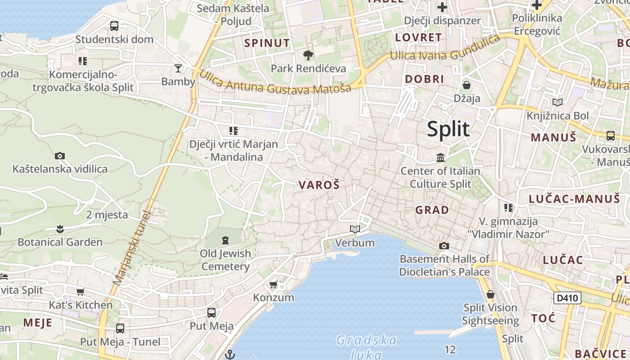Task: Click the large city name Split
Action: click(448, 129)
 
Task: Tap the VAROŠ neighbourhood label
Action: click(319, 184)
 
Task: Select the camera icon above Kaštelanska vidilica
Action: click(60, 156)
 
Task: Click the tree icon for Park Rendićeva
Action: click(308, 55)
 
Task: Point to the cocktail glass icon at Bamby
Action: click(178, 68)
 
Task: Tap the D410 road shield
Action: click(567, 297)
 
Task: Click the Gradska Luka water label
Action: click(366, 346)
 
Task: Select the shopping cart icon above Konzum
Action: click(273, 285)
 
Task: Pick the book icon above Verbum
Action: click(355, 229)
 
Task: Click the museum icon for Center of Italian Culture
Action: click(441, 158)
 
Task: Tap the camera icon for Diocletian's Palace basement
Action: click(444, 246)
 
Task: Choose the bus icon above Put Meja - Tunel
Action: click(120, 328)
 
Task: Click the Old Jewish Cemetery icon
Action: click(225, 240)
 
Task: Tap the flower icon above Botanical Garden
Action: click(60, 229)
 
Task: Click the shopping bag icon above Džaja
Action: click(467, 85)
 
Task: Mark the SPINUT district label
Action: click(267, 43)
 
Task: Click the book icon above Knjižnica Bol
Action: click(558, 102)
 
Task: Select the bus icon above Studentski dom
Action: click(114, 26)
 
